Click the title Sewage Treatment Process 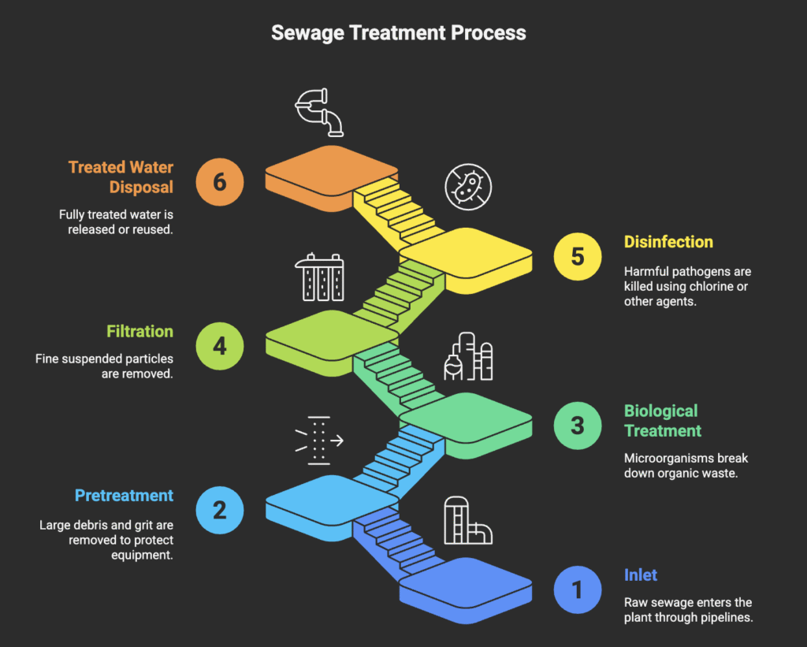coord(399,32)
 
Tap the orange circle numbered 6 coord(219,181)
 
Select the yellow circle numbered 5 coord(578,257)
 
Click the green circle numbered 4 coord(219,345)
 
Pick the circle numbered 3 coord(578,426)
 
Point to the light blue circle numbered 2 coord(219,509)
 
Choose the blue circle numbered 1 coord(578,589)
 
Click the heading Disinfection coord(668,242)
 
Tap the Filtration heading coord(140,331)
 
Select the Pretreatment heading coord(124,496)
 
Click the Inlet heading coord(640,575)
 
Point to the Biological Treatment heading coord(662,421)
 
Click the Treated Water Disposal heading coord(121,177)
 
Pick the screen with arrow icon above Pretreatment coord(319,439)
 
